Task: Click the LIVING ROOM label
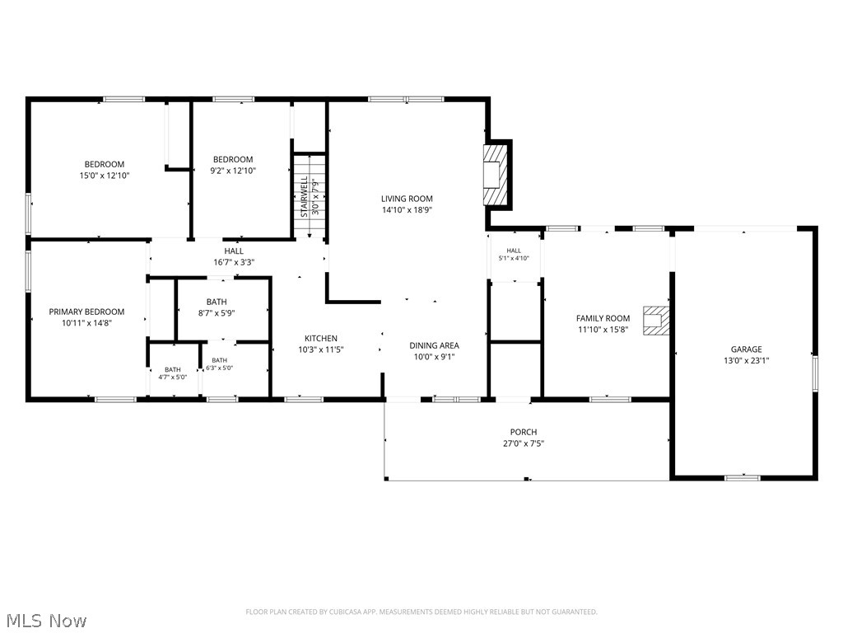tap(407, 199)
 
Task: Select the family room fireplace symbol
tap(656, 321)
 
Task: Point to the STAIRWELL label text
tap(305, 196)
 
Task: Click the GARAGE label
tap(746, 349)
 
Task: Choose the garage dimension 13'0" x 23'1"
tap(746, 361)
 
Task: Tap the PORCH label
tap(524, 432)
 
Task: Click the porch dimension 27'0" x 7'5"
tap(524, 443)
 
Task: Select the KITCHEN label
tap(321, 338)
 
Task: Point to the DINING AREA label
tap(435, 345)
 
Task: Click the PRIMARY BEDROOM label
tap(86, 312)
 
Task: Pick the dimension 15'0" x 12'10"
tap(105, 176)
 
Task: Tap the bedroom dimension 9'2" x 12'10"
tap(233, 171)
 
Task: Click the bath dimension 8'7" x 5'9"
tap(217, 312)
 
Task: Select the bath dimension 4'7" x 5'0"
tap(173, 377)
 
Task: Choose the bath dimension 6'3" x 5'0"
tap(219, 368)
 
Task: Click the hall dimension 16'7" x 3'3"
tap(234, 262)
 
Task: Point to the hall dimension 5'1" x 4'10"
tap(514, 258)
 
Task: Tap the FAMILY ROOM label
tap(603, 318)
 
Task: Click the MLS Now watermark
tap(44, 620)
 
